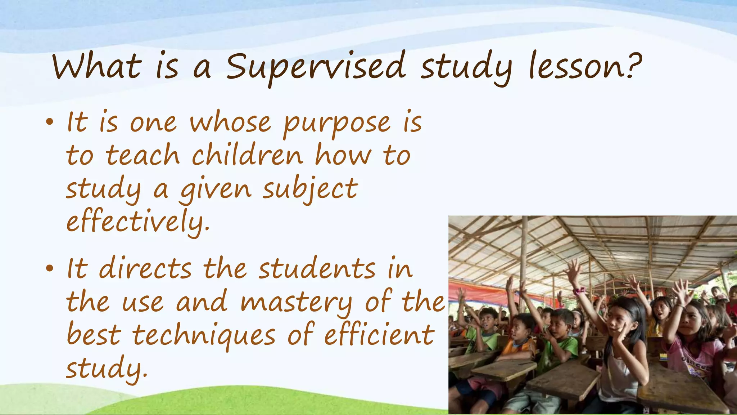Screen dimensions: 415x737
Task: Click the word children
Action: click(x=247, y=156)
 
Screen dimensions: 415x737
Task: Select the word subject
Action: click(x=310, y=189)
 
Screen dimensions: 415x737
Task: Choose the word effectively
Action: click(x=138, y=221)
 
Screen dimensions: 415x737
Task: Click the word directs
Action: click(x=145, y=269)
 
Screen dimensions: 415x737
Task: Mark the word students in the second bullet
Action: click(x=317, y=269)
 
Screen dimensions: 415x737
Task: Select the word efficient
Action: click(x=379, y=335)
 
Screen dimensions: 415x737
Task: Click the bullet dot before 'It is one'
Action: click(x=50, y=122)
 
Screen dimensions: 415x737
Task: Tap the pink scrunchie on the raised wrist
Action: click(x=579, y=291)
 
